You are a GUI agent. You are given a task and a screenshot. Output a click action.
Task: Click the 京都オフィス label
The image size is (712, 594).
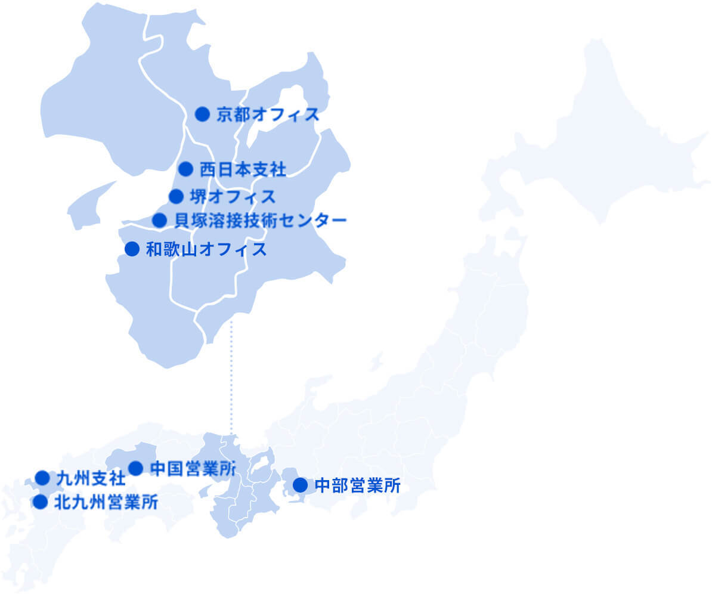(268, 115)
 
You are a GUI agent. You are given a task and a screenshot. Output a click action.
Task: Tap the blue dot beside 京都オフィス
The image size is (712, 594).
(203, 114)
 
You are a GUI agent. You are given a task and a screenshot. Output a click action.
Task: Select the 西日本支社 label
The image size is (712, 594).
(243, 170)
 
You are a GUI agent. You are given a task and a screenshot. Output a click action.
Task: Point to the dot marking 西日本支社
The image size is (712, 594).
(186, 169)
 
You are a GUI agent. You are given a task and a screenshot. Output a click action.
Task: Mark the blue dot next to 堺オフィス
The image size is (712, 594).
(176, 196)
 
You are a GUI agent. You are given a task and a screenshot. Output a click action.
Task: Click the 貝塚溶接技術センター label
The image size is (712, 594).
(260, 221)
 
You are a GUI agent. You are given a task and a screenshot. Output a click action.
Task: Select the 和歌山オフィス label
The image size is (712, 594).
(206, 249)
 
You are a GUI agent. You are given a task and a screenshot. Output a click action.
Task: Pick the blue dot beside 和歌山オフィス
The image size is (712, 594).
(132, 249)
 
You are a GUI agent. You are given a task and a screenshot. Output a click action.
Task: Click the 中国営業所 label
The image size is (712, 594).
(193, 469)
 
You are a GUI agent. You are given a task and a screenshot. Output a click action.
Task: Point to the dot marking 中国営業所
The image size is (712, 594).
(136, 468)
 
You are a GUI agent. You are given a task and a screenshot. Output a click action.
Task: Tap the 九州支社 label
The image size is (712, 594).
(91, 478)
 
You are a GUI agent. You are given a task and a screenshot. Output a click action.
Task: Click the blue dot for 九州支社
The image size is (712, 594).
(42, 478)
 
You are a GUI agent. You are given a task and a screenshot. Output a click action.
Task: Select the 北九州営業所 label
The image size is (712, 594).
(106, 503)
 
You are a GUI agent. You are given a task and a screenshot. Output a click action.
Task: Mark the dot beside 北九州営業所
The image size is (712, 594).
(40, 502)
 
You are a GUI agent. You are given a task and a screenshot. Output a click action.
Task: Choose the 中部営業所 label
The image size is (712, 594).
(357, 485)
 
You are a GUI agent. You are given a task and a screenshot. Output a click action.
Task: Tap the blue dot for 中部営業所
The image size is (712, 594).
(300, 485)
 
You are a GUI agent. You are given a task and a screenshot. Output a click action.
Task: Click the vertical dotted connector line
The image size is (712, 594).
(231, 376)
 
